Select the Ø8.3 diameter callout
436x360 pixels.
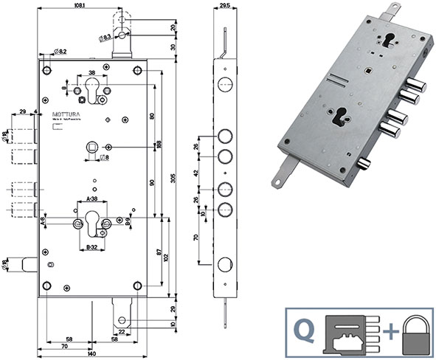104,37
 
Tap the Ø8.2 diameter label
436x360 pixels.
60,51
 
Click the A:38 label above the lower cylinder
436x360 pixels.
92,199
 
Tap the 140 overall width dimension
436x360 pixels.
90,354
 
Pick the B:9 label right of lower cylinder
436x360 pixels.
127,221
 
